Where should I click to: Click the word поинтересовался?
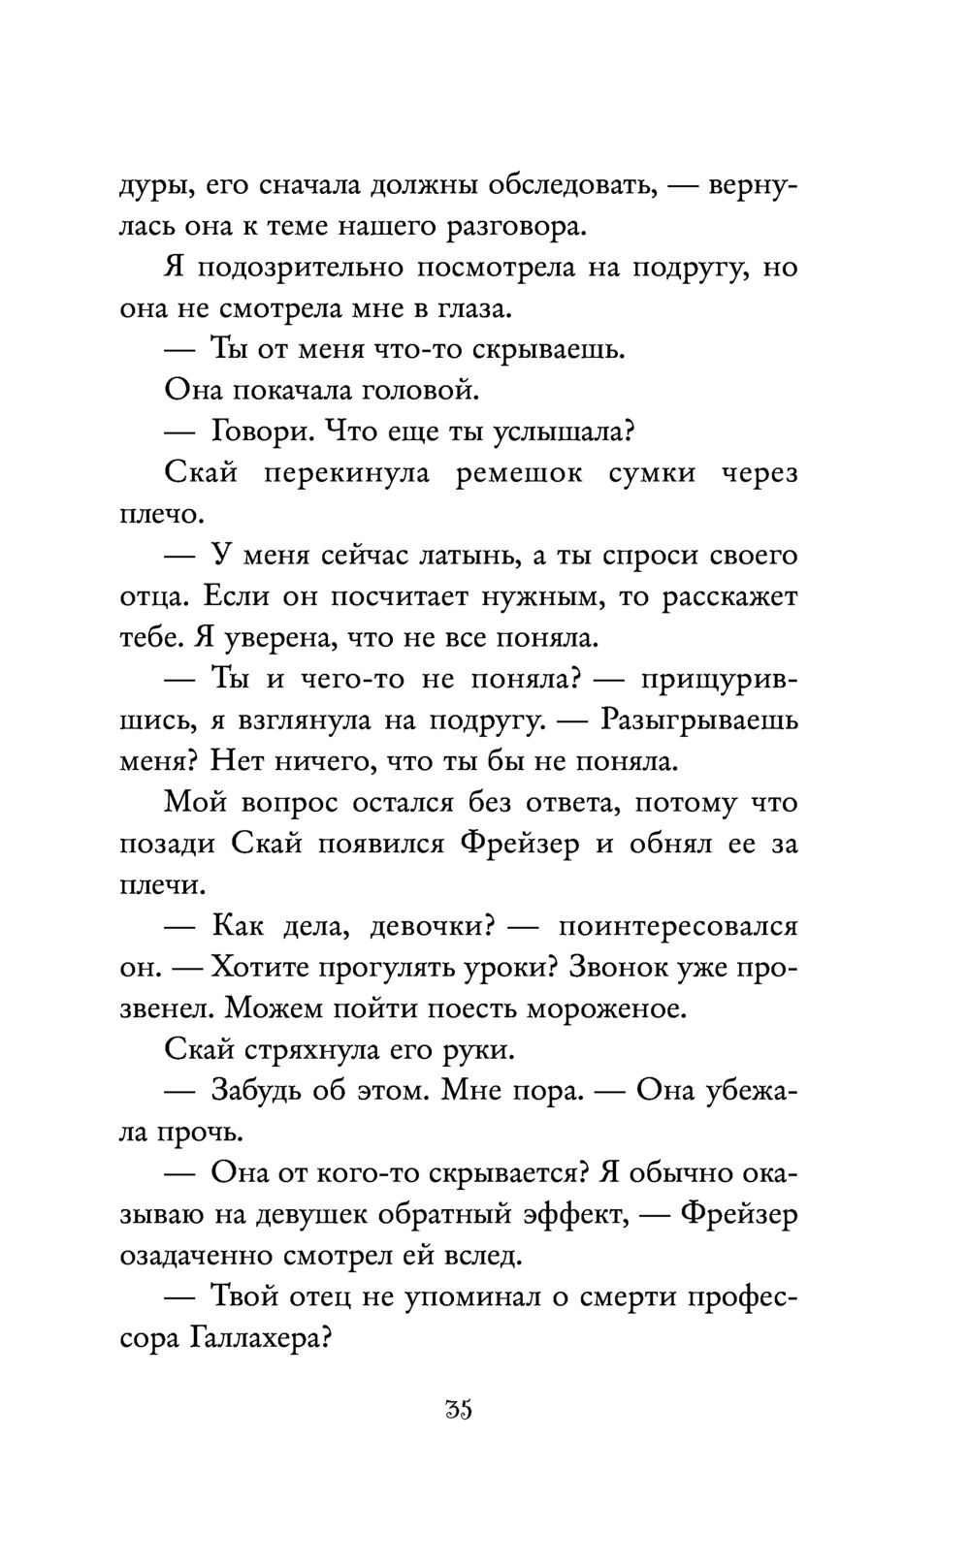coord(678,926)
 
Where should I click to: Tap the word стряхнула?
coord(296,1050)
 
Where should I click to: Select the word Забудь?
coord(258,1091)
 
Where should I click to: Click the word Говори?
coord(260,432)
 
